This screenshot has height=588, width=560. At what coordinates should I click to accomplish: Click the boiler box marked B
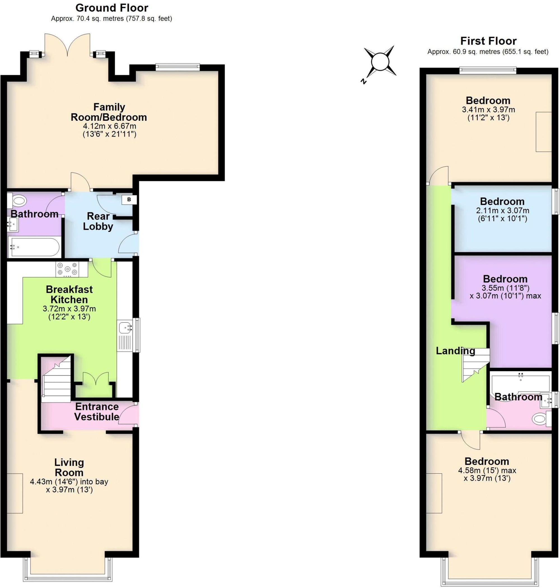point(129,199)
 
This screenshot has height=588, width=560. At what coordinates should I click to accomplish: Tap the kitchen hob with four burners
point(67,268)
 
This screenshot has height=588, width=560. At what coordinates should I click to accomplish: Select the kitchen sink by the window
point(125,327)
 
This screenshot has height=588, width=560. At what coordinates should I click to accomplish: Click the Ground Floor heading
point(112,8)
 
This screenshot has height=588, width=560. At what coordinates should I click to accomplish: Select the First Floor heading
point(488,41)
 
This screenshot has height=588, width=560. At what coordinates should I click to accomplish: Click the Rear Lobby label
point(98,221)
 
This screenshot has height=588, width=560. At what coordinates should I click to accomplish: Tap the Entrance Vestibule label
point(97,412)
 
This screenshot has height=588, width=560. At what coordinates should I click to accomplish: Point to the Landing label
point(455,351)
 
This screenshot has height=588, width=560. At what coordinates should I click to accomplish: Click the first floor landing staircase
point(475,366)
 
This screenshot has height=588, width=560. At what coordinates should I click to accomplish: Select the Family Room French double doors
point(67,45)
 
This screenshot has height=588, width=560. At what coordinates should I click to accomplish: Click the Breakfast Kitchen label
point(69,294)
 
